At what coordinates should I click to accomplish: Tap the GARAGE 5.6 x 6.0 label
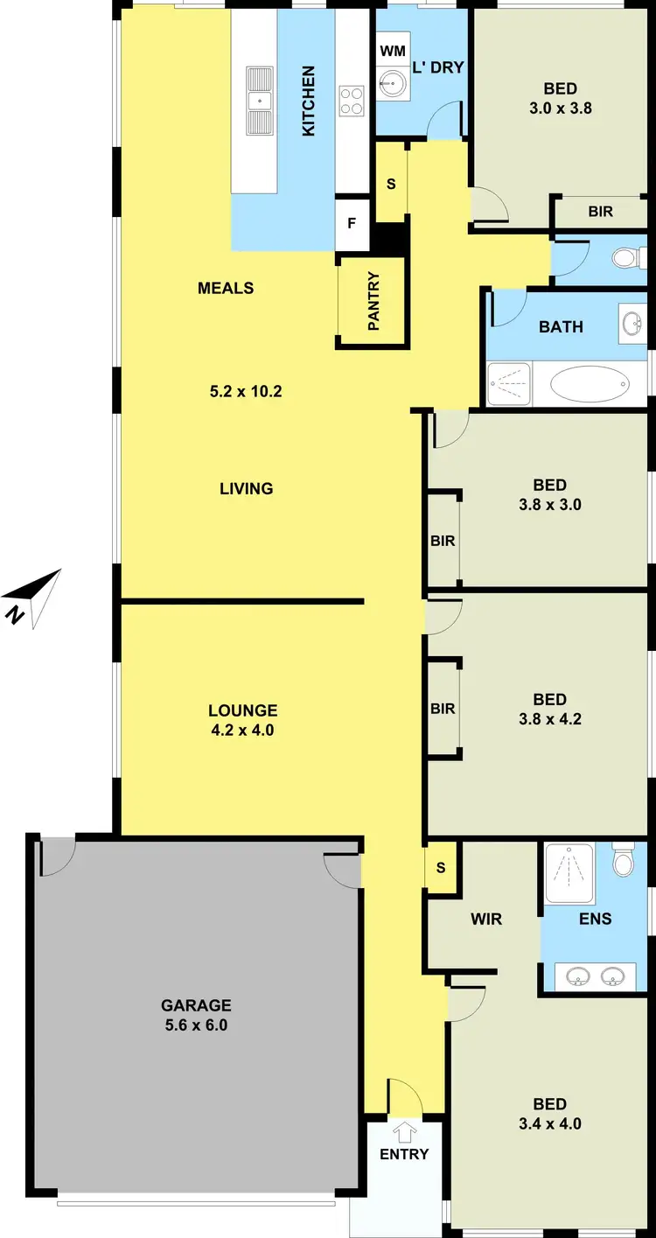pos(196,1015)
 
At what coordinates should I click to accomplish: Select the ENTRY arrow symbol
pos(403,1134)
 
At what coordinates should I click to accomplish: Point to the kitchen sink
pos(260,101)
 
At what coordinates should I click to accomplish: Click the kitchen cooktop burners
pos(352,101)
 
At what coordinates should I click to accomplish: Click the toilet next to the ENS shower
pos(623,860)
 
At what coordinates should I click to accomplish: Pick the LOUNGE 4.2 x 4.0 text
pos(242,719)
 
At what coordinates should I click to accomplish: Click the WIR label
pos(485,919)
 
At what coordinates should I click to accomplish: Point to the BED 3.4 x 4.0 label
pos(549,1114)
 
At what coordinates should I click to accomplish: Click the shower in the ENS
pos(569,872)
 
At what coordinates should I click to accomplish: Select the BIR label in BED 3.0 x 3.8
pos(601,212)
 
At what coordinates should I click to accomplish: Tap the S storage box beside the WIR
pos(441,868)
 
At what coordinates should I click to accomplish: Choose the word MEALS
pos(226,287)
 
